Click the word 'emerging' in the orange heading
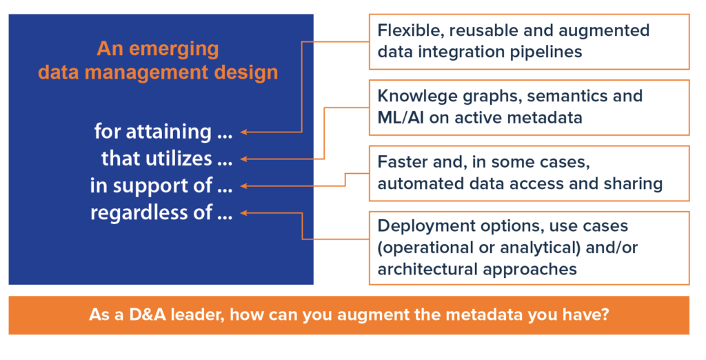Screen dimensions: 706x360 pyautogui.click(x=174, y=50)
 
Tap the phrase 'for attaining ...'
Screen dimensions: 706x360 pyautogui.click(x=163, y=132)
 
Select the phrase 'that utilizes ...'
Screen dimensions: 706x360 pyautogui.click(x=167, y=158)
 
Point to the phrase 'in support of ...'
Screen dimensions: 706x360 pyautogui.click(x=161, y=186)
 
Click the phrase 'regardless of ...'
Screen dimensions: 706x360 pyautogui.click(x=161, y=212)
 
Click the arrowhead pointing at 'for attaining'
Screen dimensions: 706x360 pyautogui.click(x=243, y=132)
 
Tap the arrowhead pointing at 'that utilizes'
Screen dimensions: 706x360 pyautogui.click(x=243, y=159)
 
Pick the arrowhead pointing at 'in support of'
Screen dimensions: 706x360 pyautogui.click(x=243, y=186)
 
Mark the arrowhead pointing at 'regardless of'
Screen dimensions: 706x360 pyautogui.click(x=243, y=213)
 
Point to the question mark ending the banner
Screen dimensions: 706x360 pyautogui.click(x=604, y=314)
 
